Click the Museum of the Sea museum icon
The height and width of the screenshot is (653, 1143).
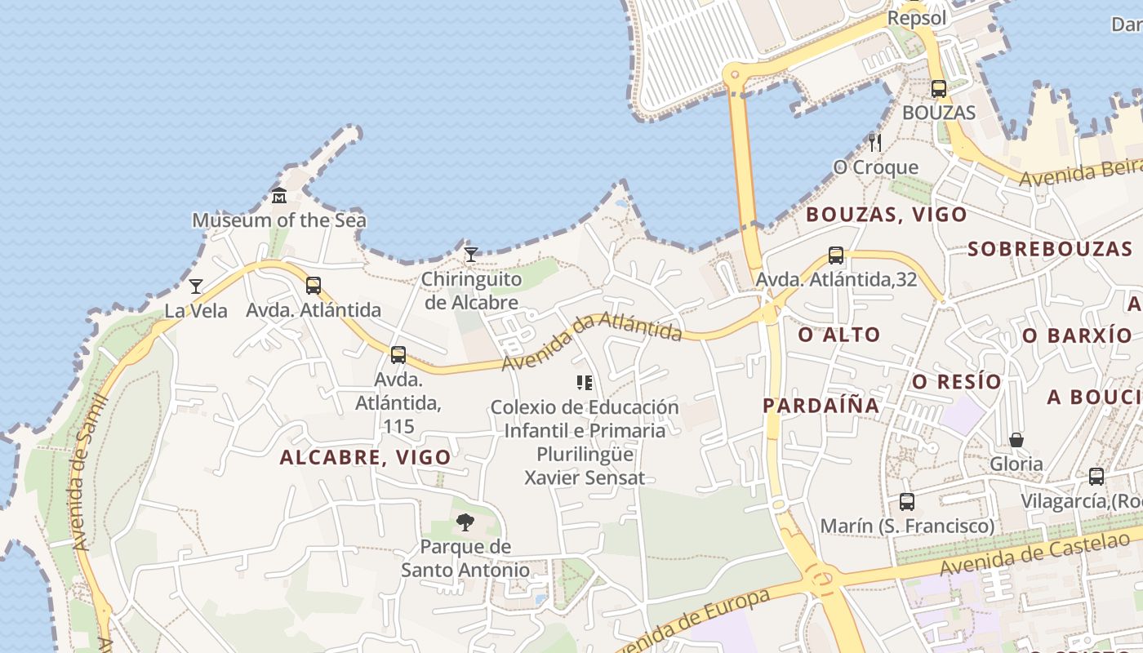pos(279,196)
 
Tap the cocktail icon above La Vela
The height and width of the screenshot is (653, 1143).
pos(196,287)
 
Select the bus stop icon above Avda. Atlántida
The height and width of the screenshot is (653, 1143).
pos(314,286)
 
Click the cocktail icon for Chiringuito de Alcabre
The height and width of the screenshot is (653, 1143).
pos(470,255)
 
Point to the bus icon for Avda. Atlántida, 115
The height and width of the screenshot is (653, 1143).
pos(398,355)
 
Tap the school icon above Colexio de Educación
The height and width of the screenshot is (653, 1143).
pos(584,382)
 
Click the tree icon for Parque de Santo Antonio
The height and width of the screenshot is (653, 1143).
pos(465,522)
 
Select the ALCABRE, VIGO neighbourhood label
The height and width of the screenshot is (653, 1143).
pos(365,457)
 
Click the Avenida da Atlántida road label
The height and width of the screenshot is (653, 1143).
pos(591,340)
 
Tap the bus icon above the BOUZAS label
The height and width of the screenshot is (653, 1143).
pos(939,89)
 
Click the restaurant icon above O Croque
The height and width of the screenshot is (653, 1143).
pos(875,143)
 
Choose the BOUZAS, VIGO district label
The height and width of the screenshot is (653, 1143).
pos(887,215)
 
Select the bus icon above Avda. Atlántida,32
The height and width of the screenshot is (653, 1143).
pos(836,255)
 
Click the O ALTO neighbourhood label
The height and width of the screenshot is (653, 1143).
pos(839,334)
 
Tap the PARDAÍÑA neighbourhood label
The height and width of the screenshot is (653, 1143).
pos(821,406)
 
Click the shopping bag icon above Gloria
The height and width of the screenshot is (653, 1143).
pos(1016,441)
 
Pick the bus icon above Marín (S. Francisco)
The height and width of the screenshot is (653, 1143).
pos(907,502)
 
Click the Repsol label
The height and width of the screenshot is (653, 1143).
pos(917,18)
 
